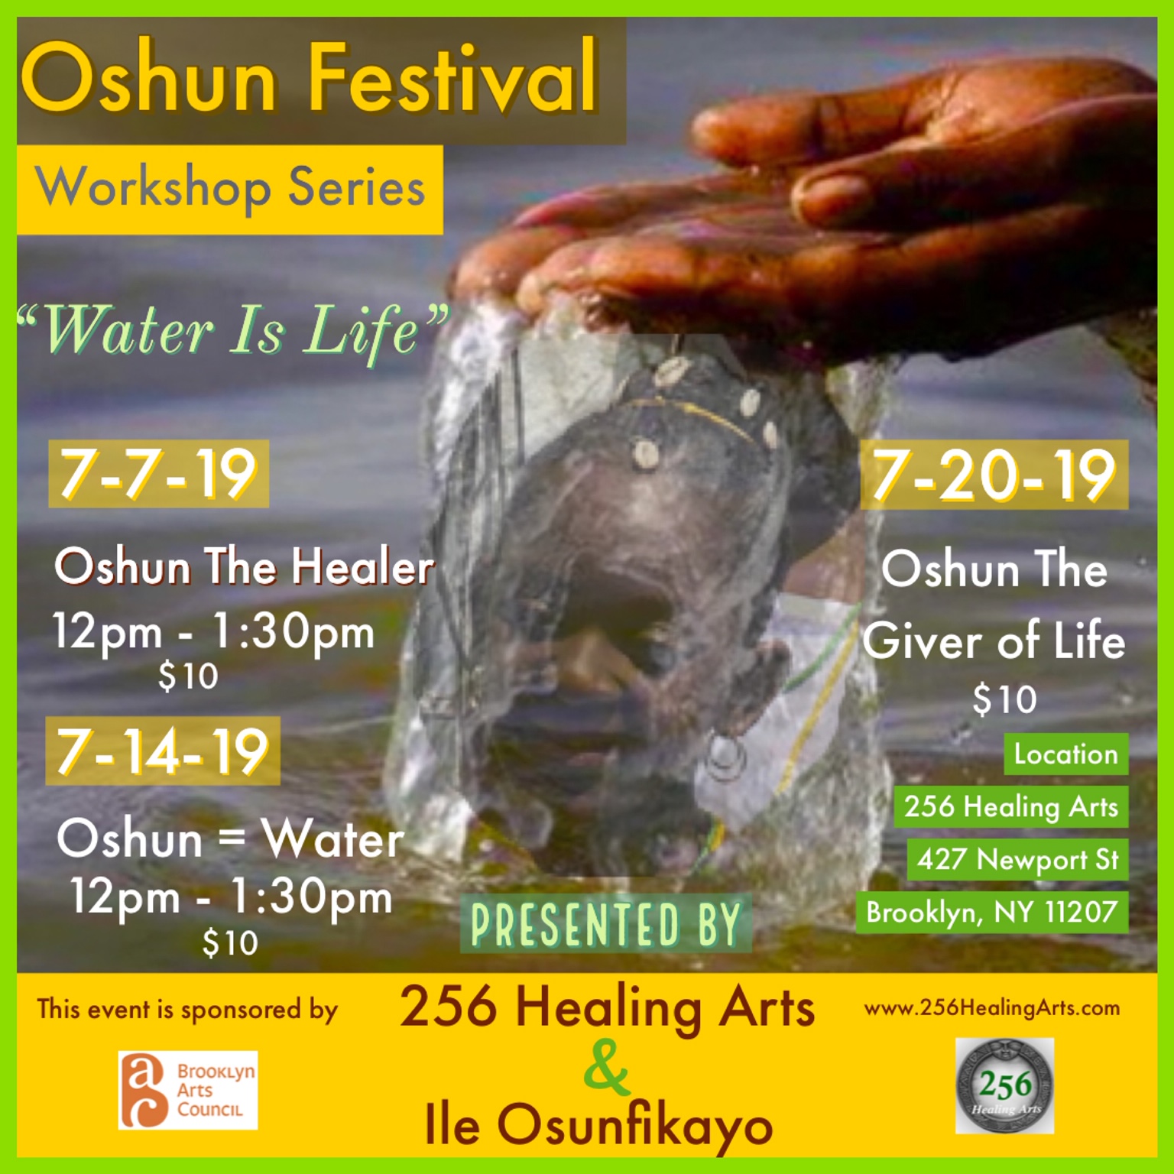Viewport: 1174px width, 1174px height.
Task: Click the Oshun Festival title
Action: (310, 79)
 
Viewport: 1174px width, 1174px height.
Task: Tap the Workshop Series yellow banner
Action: (229, 189)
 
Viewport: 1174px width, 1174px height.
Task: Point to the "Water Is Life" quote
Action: (232, 332)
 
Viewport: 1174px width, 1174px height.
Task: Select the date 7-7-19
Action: (158, 474)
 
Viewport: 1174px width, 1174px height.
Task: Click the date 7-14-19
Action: (162, 751)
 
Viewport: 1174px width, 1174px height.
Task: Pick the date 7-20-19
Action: (994, 475)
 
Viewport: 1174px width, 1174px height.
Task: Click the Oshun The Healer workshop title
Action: (244, 567)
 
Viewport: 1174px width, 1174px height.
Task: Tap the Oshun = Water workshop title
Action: (230, 838)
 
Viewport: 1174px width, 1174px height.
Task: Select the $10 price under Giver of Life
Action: (1004, 699)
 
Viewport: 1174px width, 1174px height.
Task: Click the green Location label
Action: (1065, 754)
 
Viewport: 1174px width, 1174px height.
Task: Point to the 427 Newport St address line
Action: (1017, 859)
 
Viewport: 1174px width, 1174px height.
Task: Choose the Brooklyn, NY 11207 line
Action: (991, 912)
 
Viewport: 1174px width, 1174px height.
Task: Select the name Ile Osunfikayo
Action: (598, 1125)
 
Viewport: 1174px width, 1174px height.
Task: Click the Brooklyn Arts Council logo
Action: (188, 1090)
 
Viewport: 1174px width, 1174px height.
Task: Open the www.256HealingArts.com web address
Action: (991, 1008)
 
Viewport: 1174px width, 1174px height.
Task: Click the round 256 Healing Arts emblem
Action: (1004, 1085)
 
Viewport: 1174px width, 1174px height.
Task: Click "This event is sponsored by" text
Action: (187, 1010)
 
